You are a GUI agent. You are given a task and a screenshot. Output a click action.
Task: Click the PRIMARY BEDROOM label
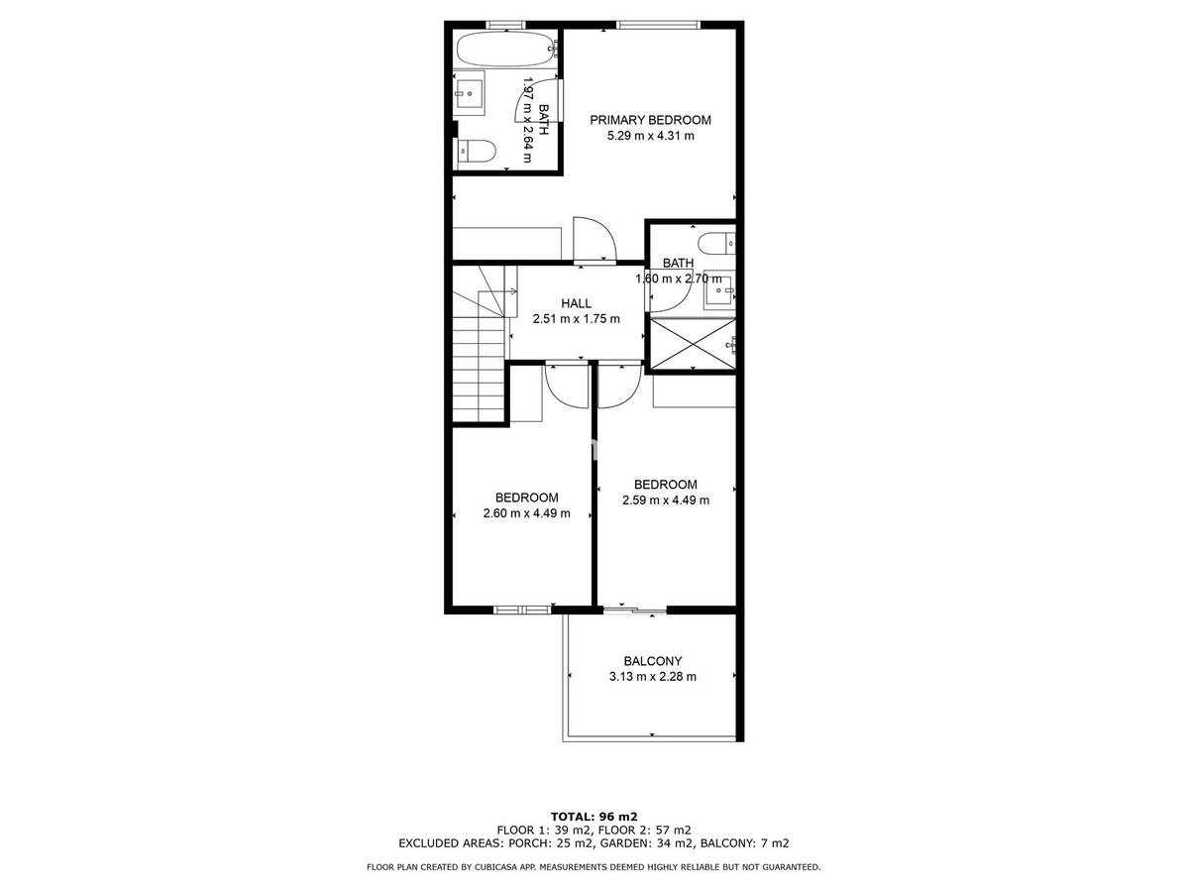click(x=650, y=120)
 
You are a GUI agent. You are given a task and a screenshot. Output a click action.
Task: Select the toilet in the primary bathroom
click(x=477, y=152)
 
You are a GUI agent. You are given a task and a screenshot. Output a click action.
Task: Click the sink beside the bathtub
click(x=469, y=93)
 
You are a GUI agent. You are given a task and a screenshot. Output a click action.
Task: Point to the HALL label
click(x=576, y=303)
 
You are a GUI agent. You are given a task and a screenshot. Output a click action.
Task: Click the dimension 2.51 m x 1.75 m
click(x=577, y=319)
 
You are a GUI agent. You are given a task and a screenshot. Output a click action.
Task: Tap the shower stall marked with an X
click(x=693, y=344)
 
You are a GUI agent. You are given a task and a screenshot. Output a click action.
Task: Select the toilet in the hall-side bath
click(x=716, y=243)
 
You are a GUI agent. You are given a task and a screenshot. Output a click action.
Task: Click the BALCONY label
click(x=652, y=661)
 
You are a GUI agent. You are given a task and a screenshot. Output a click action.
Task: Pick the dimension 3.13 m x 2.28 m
click(x=653, y=677)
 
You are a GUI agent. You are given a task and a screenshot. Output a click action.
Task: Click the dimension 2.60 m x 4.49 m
click(x=526, y=513)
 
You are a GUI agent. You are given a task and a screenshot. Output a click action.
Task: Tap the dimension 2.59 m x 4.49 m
click(x=666, y=501)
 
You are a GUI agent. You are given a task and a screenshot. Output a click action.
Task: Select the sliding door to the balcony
click(x=634, y=611)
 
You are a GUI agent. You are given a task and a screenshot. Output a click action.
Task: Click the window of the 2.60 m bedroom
click(x=522, y=611)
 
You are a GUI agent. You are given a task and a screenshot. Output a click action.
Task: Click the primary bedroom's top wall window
click(x=658, y=25)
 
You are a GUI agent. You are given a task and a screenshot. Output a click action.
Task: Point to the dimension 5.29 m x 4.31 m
click(x=651, y=136)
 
